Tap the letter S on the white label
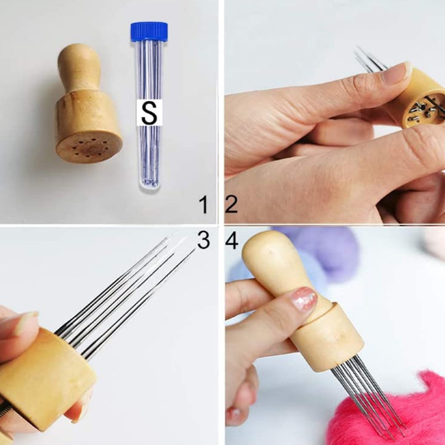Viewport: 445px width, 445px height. point(150,113)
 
